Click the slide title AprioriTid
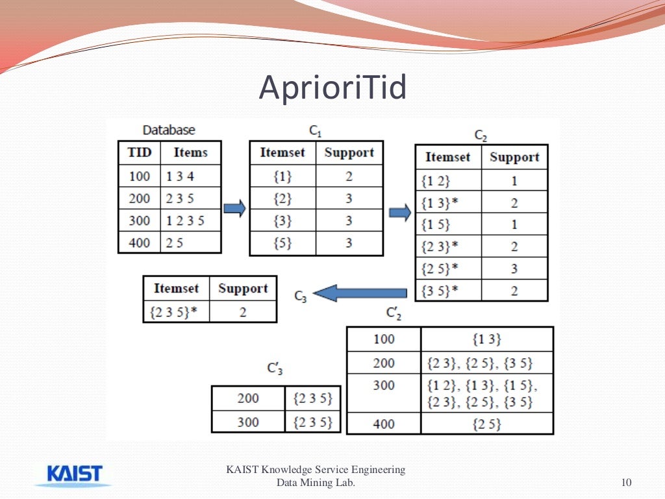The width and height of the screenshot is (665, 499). tap(332, 88)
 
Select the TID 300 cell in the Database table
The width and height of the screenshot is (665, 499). tap(139, 221)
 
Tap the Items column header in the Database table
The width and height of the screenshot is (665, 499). tap(190, 153)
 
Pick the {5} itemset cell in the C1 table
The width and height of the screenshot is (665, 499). tap(282, 243)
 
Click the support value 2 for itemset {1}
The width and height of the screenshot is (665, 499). tap(349, 176)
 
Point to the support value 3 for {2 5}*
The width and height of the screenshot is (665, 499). tap(514, 269)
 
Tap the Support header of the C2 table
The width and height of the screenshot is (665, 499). tap(514, 157)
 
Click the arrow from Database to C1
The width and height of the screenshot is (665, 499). tap(234, 208)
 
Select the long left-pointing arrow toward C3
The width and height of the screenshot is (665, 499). tap(363, 293)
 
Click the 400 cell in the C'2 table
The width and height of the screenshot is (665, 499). tap(384, 424)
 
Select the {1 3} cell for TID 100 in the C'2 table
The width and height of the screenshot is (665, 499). tap(486, 339)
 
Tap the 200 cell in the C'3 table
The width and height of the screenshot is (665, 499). tap(247, 398)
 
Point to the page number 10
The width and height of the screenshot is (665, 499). tap(626, 482)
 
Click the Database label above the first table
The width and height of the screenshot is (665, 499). tap(169, 130)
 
